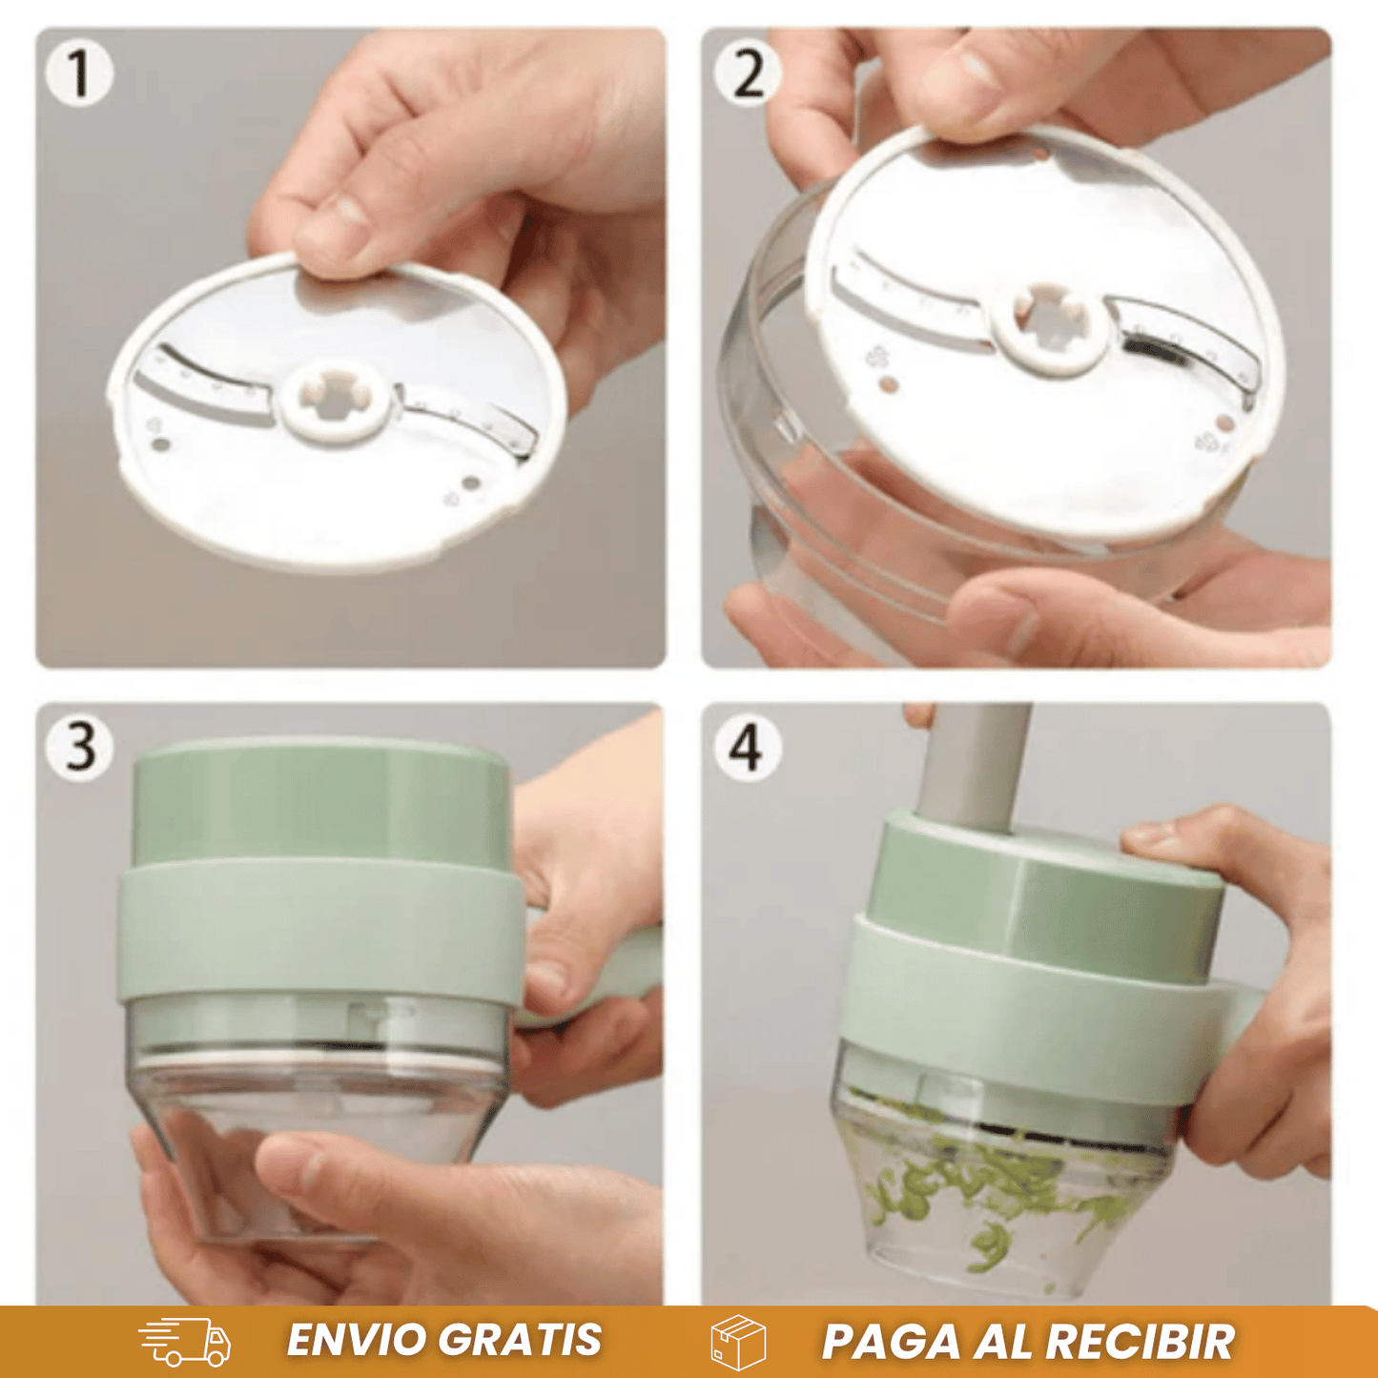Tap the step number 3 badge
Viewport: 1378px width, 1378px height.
tap(79, 748)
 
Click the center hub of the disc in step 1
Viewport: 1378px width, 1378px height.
tap(337, 404)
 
